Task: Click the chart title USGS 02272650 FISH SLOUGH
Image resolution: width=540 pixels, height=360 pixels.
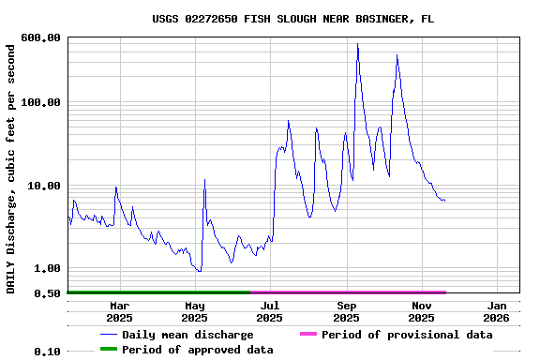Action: [x=292, y=19]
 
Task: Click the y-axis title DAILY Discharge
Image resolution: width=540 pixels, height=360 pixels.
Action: [x=11, y=167]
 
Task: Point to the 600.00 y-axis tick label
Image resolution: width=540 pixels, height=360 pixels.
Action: [x=40, y=37]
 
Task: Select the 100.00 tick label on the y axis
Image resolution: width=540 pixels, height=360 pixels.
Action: [x=40, y=102]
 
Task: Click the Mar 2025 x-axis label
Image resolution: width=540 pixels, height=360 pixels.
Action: [x=119, y=311]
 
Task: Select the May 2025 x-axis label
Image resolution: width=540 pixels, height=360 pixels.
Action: [x=195, y=311]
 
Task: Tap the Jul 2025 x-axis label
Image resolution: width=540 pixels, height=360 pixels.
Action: [x=269, y=311]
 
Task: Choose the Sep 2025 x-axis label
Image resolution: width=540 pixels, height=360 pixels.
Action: [x=346, y=311]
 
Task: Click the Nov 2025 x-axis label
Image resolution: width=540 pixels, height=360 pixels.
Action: [x=422, y=311]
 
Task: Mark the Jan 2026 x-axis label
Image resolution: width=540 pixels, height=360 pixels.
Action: [x=497, y=311]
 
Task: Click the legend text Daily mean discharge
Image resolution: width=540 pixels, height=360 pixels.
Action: [x=187, y=335]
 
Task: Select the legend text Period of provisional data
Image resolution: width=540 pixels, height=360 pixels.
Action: [x=407, y=335]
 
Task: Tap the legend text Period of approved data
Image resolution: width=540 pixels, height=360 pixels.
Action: [x=198, y=350]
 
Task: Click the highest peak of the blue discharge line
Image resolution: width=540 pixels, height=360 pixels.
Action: [x=357, y=44]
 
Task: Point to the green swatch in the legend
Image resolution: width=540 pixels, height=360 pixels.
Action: [x=108, y=350]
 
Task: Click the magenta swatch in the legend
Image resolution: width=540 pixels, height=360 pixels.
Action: [x=307, y=335]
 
